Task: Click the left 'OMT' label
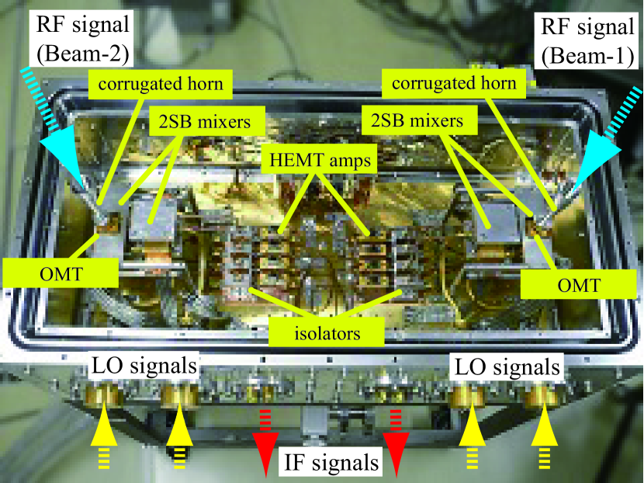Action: (61, 272)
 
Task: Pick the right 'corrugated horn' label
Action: (453, 83)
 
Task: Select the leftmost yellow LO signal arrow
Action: (103, 435)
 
